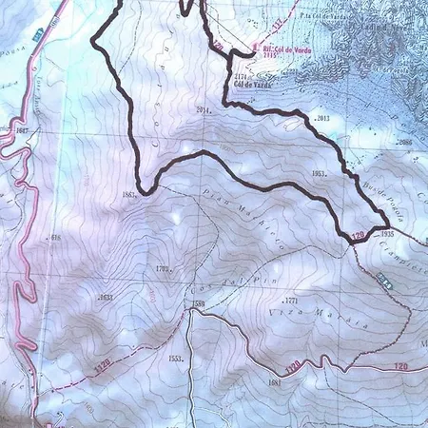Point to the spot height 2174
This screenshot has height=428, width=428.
click(x=240, y=74)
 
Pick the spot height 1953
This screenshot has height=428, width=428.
click(x=319, y=174)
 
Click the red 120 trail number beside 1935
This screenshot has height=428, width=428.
click(x=358, y=236)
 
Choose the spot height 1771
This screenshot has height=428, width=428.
click(x=291, y=301)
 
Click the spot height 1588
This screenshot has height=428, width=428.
click(x=199, y=304)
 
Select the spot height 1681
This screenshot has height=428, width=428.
click(x=277, y=382)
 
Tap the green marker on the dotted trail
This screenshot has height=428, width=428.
click(x=383, y=281)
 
